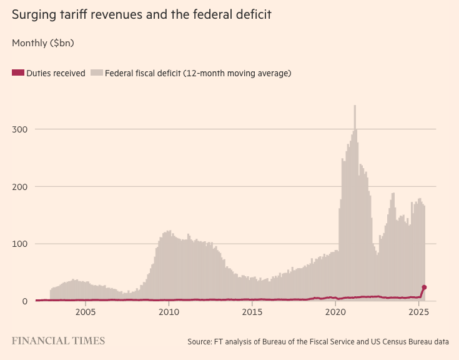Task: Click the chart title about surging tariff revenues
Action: click(142, 14)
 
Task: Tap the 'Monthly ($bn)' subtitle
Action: click(43, 43)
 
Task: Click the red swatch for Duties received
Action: click(17, 73)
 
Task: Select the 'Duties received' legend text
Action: click(56, 73)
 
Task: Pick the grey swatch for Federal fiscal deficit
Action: click(96, 73)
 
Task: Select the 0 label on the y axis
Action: click(25, 301)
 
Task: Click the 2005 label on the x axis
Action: click(85, 312)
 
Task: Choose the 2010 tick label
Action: click(169, 312)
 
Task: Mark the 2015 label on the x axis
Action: click(252, 312)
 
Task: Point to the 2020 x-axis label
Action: click(336, 312)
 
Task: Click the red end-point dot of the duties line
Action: click(425, 287)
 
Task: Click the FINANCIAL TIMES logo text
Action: click(59, 341)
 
